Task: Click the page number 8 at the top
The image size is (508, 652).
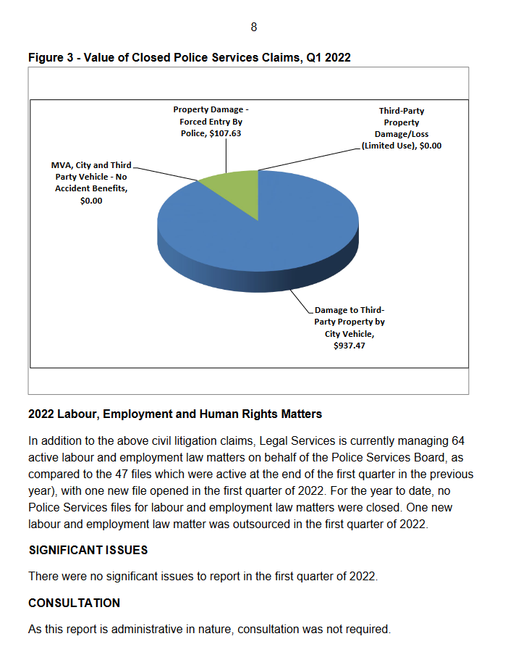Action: (x=253, y=28)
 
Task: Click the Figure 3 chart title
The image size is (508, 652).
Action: (x=189, y=57)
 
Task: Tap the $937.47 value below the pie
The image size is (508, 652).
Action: (x=349, y=347)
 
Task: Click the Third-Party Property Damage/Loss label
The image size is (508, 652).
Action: (x=401, y=128)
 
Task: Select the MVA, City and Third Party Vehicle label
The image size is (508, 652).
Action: (x=91, y=183)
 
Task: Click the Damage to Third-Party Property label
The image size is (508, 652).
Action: (x=350, y=322)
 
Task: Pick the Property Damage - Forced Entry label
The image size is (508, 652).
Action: (x=211, y=116)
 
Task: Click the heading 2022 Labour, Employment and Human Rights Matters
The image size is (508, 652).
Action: (x=175, y=414)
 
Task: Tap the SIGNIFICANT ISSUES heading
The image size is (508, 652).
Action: (x=88, y=550)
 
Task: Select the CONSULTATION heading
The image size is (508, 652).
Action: (x=74, y=603)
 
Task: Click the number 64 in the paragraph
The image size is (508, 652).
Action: (x=457, y=440)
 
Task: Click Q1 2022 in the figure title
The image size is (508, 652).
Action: (x=329, y=57)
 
